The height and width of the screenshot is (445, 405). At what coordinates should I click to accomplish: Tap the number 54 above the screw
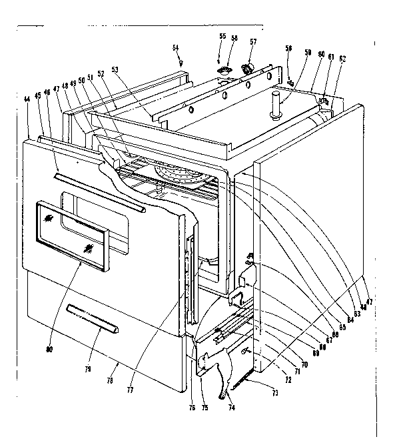[176, 47]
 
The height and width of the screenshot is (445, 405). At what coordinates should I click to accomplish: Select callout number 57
[252, 41]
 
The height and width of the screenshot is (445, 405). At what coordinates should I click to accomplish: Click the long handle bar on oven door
[99, 191]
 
